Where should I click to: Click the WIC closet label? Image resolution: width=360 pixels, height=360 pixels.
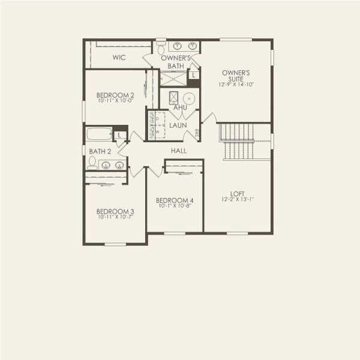click(118, 58)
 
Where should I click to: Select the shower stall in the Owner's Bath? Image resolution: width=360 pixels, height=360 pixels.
click(173, 78)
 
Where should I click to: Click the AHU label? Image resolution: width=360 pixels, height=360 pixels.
click(181, 108)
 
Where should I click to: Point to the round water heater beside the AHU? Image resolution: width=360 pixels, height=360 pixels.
click(188, 98)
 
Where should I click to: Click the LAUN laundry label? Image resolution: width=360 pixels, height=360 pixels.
click(178, 125)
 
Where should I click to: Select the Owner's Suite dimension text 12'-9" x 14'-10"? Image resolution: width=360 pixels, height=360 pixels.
click(236, 85)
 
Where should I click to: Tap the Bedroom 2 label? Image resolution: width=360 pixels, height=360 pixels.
click(115, 95)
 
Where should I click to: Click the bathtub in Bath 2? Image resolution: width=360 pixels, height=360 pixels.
click(99, 133)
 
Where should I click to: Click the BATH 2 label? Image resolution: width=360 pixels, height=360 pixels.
click(100, 151)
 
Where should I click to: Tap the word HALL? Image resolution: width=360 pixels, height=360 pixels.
click(178, 151)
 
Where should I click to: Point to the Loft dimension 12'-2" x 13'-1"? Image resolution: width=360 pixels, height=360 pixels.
click(238, 200)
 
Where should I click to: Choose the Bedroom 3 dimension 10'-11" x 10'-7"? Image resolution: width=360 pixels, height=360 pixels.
click(115, 218)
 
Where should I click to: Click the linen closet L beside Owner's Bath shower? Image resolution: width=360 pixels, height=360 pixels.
click(193, 75)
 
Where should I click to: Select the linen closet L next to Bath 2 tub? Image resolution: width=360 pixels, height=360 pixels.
click(121, 135)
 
